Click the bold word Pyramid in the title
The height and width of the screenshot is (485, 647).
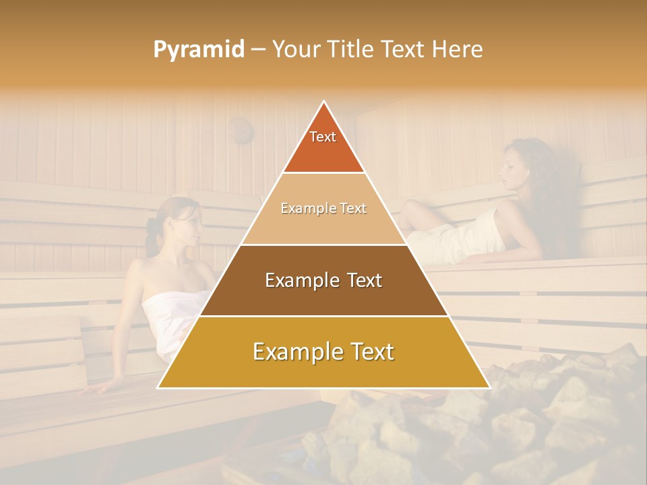tap(199, 49)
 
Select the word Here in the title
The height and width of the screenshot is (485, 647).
tap(460, 49)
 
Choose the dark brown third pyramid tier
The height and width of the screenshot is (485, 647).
tap(323, 281)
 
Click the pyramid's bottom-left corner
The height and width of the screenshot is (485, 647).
tap(158, 388)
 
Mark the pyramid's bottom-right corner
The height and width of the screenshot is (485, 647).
tap(489, 388)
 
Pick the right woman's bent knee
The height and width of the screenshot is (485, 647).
tap(408, 207)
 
